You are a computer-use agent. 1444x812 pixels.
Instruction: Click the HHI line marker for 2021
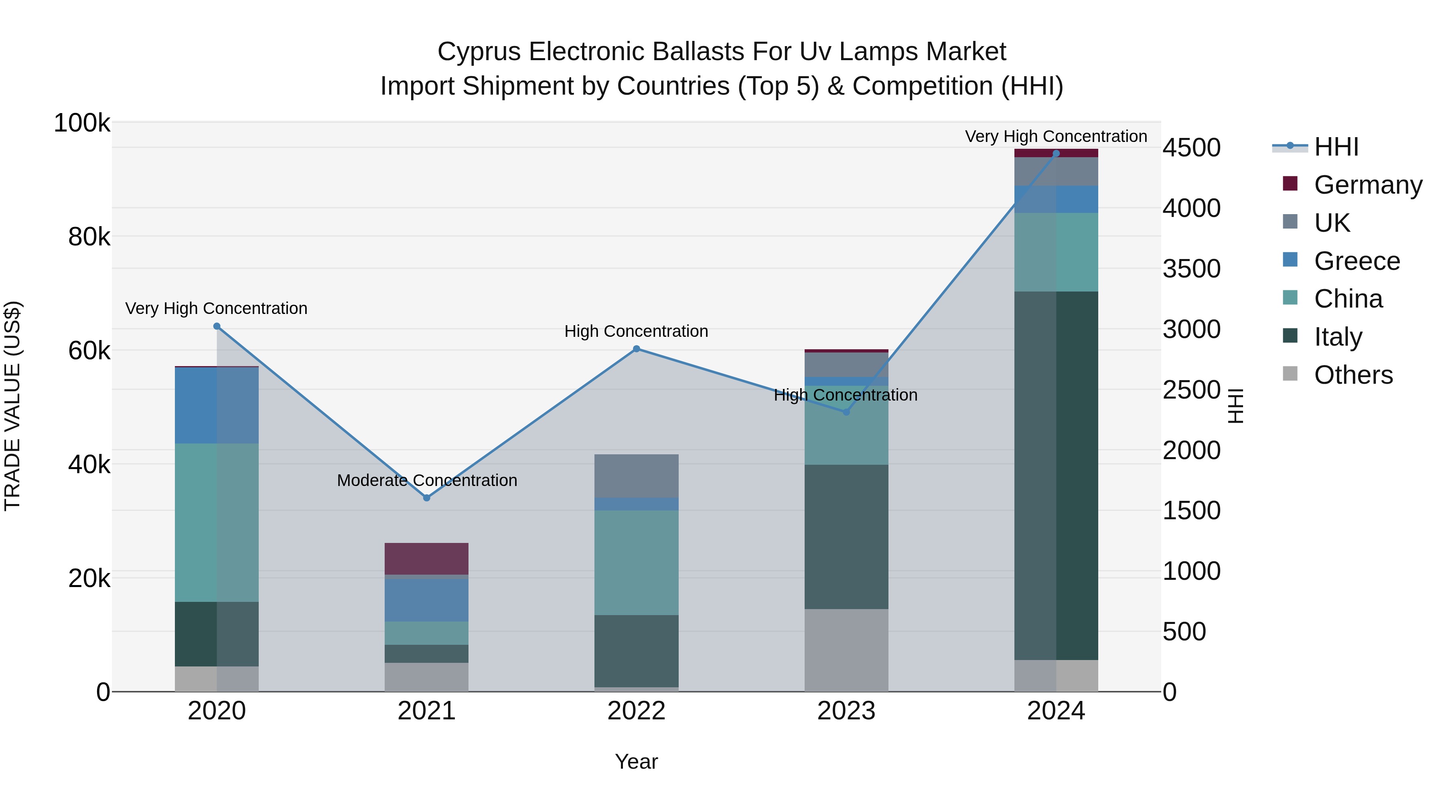[x=427, y=498]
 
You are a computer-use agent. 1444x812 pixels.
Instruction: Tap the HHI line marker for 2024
[x=1056, y=154]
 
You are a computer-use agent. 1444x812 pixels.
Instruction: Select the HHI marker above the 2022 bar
[x=636, y=348]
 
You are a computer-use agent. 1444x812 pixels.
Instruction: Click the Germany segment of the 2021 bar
[x=427, y=558]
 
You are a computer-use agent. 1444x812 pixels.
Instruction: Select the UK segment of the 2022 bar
[x=636, y=476]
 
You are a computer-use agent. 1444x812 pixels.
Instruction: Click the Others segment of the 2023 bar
[x=846, y=650]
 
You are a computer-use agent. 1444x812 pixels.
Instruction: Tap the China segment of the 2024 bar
[x=1056, y=252]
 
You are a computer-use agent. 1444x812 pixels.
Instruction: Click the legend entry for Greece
[x=1357, y=261]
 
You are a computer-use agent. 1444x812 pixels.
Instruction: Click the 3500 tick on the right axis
[x=1191, y=269]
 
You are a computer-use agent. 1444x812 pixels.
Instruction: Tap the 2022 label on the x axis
[x=636, y=711]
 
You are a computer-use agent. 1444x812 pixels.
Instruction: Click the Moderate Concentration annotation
[x=427, y=480]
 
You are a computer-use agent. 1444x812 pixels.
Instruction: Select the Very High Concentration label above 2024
[x=1056, y=136]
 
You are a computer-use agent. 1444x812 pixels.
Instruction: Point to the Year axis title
[x=636, y=761]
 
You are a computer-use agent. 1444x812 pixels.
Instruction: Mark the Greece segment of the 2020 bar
[x=217, y=405]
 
